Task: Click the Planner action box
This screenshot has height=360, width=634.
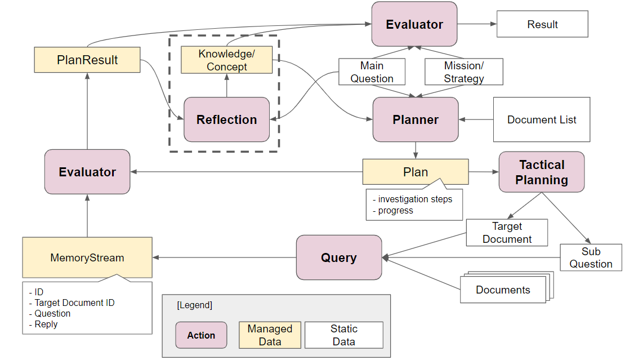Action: [416, 119]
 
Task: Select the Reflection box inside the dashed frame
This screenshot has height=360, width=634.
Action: [226, 119]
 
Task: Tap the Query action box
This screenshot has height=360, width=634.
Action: [339, 257]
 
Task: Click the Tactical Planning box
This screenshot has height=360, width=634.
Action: [542, 172]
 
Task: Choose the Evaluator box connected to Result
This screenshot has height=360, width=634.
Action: [414, 24]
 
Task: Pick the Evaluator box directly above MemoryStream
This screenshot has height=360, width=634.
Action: [87, 172]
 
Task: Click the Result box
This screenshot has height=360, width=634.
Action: [542, 24]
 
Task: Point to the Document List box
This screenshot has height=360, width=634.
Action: [541, 119]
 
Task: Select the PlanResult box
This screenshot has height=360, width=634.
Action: [87, 60]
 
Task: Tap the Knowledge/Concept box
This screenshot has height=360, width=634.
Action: [226, 60]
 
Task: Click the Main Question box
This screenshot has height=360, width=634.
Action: [372, 72]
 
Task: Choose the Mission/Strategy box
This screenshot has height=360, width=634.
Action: [463, 72]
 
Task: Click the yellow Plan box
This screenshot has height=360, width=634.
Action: [415, 172]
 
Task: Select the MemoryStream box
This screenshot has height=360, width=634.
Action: [87, 257]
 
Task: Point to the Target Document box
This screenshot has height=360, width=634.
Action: [507, 233]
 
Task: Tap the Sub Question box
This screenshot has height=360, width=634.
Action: [591, 257]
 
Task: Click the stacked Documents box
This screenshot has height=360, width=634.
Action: [503, 290]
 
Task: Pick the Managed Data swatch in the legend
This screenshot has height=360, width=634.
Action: [270, 335]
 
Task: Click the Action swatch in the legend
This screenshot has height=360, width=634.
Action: [201, 335]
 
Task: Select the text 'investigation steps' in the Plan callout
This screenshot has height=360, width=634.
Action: [415, 199]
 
